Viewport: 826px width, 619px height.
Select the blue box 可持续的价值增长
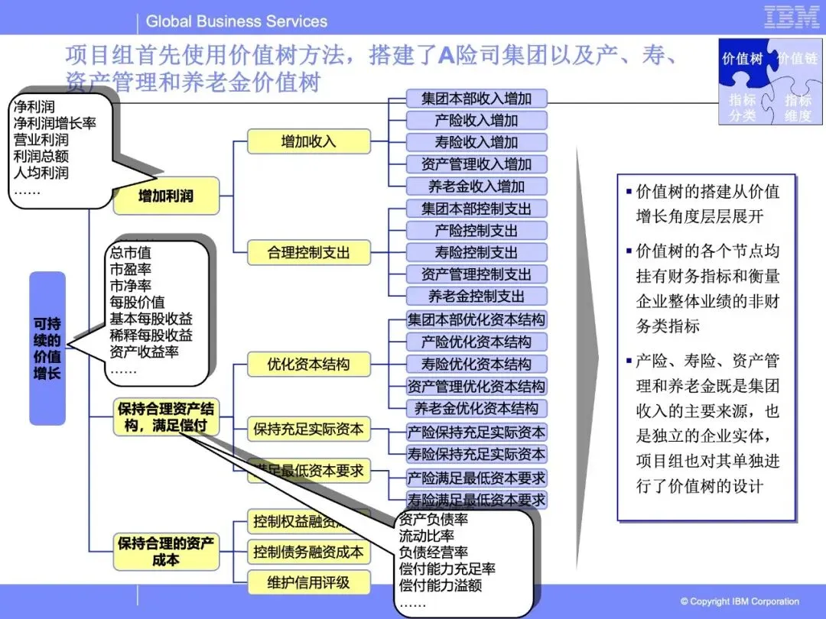click(x=47, y=348)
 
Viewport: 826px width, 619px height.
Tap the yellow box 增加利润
click(x=166, y=196)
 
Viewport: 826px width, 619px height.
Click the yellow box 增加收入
click(x=308, y=141)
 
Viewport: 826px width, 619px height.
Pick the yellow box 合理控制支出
click(x=308, y=252)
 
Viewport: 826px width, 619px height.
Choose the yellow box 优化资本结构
click(x=308, y=365)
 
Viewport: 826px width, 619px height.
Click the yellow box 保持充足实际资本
click(x=308, y=429)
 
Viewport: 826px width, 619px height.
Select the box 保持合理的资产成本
click(x=166, y=552)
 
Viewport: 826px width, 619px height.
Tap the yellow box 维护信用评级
click(x=308, y=582)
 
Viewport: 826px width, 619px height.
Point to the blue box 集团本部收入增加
click(x=476, y=98)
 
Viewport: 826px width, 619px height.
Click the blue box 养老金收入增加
click(x=476, y=186)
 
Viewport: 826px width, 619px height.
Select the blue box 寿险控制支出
click(x=476, y=252)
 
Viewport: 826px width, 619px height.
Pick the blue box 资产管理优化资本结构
click(x=476, y=386)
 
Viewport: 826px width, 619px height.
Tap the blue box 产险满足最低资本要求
click(x=476, y=478)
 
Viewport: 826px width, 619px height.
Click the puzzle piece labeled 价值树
click(x=743, y=59)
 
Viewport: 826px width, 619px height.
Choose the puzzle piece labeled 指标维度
click(x=798, y=109)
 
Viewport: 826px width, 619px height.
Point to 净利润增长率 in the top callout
click(x=54, y=122)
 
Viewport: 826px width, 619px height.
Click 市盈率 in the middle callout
click(x=131, y=268)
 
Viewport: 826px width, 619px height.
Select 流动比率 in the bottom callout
click(x=426, y=536)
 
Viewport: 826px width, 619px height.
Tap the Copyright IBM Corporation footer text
click(x=740, y=601)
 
